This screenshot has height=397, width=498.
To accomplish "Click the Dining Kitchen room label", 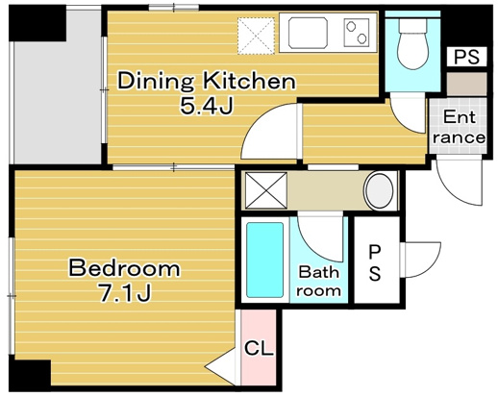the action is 207,81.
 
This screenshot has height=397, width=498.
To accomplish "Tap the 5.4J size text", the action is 207,106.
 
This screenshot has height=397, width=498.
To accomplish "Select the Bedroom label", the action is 125,268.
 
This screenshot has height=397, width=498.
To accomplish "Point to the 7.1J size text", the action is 125,293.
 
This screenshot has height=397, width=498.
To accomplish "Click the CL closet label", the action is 259,348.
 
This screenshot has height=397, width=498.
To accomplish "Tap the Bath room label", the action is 318,282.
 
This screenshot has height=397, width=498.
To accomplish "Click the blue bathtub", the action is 264,261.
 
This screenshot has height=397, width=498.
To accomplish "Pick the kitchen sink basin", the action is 308,33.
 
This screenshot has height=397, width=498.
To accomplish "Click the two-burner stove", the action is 357,33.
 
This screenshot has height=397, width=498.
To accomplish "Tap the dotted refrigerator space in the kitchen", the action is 256,36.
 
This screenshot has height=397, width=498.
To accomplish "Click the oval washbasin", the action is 380,191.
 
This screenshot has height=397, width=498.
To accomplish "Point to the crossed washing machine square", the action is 266,190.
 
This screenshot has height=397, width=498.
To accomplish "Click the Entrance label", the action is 459,127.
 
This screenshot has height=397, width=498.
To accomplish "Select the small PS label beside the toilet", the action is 467,57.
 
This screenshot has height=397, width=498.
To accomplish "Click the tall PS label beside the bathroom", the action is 375,262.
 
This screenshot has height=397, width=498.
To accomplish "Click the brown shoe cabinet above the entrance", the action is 467,84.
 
